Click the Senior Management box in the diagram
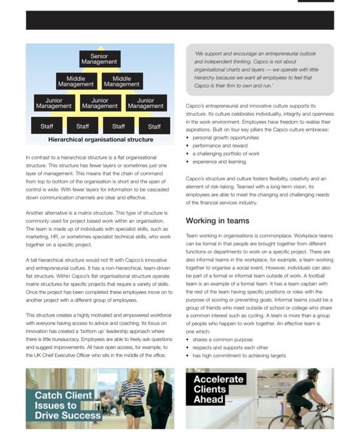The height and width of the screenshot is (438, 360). pyautogui.click(x=99, y=59)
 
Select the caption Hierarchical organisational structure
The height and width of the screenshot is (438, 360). pyautogui.click(x=100, y=140)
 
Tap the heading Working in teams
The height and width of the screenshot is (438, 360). pyautogui.click(x=217, y=221)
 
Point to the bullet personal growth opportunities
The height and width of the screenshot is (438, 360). pyautogui.click(x=226, y=137)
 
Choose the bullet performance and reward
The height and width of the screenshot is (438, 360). pyautogui.click(x=220, y=145)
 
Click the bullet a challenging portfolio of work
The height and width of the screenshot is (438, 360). pyautogui.click(x=226, y=153)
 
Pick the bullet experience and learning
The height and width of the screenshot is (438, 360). pyautogui.click(x=219, y=161)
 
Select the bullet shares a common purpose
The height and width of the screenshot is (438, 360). pyautogui.click(x=222, y=339)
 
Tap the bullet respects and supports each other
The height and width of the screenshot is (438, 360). pyautogui.click(x=230, y=347)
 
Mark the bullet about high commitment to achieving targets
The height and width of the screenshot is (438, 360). pyautogui.click(x=239, y=355)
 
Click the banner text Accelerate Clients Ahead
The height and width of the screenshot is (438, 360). pyautogui.click(x=219, y=389)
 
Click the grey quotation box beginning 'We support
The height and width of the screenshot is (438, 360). pyautogui.click(x=259, y=69)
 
